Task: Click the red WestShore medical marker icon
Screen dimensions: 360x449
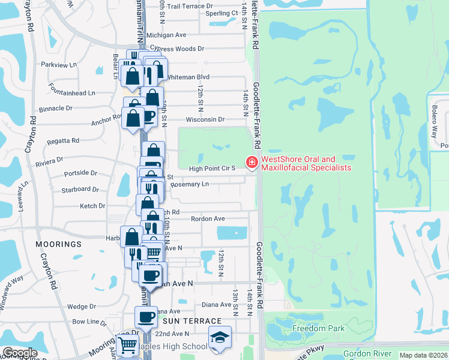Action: click(x=251, y=163)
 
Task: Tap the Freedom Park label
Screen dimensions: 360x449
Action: click(x=319, y=328)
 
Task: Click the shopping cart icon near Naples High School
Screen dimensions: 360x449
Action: click(x=128, y=345)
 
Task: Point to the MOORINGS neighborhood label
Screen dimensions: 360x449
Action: click(x=58, y=245)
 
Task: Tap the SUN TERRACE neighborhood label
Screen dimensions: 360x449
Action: click(x=180, y=322)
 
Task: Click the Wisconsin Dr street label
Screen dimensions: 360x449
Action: click(x=205, y=119)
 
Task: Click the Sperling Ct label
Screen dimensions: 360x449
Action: click(x=222, y=13)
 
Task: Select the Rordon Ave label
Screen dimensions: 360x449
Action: click(x=208, y=219)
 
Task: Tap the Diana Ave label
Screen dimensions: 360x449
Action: click(x=217, y=304)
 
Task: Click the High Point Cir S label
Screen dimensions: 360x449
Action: click(x=212, y=169)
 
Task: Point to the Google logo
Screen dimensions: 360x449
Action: click(x=20, y=353)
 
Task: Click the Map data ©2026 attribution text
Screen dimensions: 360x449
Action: click(x=424, y=355)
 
